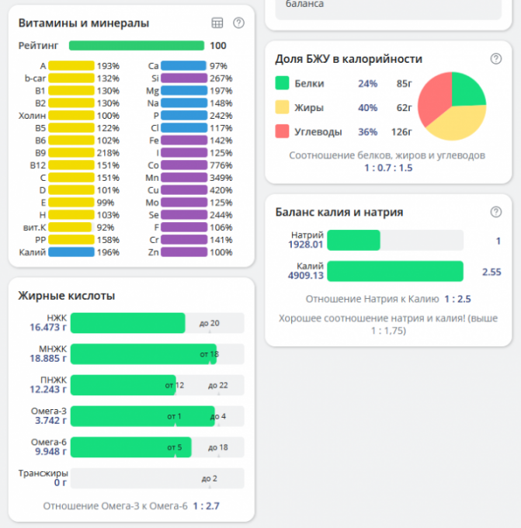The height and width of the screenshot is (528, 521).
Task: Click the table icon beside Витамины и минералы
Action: (217, 23)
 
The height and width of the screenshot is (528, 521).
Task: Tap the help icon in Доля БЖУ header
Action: (496, 58)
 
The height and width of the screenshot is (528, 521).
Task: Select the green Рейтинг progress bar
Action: (136, 46)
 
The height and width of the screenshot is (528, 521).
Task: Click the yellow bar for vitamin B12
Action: (71, 165)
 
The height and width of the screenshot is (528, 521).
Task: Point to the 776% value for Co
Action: (221, 165)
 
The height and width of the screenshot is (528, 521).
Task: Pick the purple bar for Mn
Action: (184, 178)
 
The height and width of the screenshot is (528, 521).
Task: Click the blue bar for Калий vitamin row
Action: (71, 252)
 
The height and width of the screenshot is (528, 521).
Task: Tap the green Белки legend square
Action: (282, 83)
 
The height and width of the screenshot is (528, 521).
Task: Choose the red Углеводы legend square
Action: (282, 131)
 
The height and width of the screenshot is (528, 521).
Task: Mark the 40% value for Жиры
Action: (367, 107)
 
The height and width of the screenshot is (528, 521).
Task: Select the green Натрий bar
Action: (354, 241)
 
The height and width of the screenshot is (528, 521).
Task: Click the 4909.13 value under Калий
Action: (305, 275)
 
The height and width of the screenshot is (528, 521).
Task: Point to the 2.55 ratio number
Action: (491, 272)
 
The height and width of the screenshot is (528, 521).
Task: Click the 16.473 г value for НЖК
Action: (45, 328)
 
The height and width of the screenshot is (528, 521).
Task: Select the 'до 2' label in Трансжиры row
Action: (209, 478)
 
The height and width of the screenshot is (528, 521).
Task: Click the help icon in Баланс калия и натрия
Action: (496, 211)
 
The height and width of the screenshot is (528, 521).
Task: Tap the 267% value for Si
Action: (221, 78)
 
